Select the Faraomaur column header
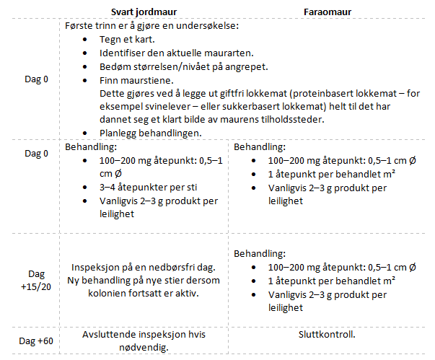click(x=328, y=12)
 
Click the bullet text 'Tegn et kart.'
click(x=127, y=40)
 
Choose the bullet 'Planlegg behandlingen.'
click(x=151, y=133)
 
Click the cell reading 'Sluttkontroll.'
click(x=328, y=334)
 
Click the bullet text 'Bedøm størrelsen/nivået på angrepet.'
click(x=184, y=66)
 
